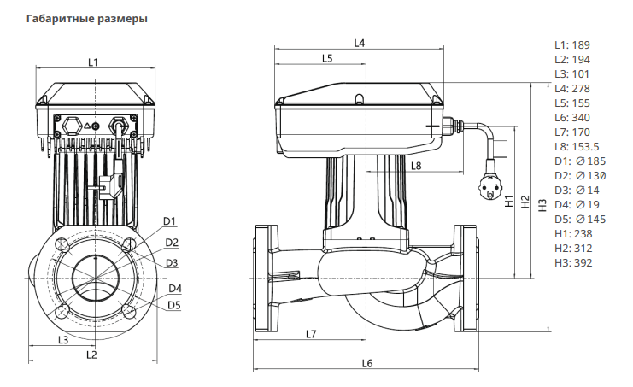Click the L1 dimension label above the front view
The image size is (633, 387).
coord(94,62)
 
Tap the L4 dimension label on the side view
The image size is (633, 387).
coord(359,43)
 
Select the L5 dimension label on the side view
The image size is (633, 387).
coord(327,58)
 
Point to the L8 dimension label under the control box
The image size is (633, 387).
coord(416,166)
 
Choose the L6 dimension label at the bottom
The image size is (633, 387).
coord(367,363)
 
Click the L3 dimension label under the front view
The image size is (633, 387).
coord(62,340)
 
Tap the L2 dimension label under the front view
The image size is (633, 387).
coord(92,355)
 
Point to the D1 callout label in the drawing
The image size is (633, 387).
coord(169,221)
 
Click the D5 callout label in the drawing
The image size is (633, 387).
coord(173,304)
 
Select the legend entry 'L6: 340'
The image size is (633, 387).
coord(571,117)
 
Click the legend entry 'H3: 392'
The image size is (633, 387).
coord(571,262)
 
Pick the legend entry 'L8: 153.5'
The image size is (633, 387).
coord(577,146)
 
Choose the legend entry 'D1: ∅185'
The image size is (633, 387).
coord(577,161)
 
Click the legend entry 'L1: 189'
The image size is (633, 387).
coord(571,44)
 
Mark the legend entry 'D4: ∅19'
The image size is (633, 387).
coord(574,204)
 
